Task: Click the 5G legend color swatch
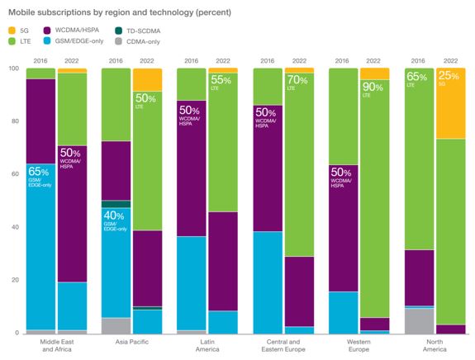[x=12, y=31]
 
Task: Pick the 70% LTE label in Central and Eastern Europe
[x=299, y=83]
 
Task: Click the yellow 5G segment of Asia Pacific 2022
[x=147, y=79]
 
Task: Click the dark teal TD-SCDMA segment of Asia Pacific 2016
[x=116, y=204]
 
